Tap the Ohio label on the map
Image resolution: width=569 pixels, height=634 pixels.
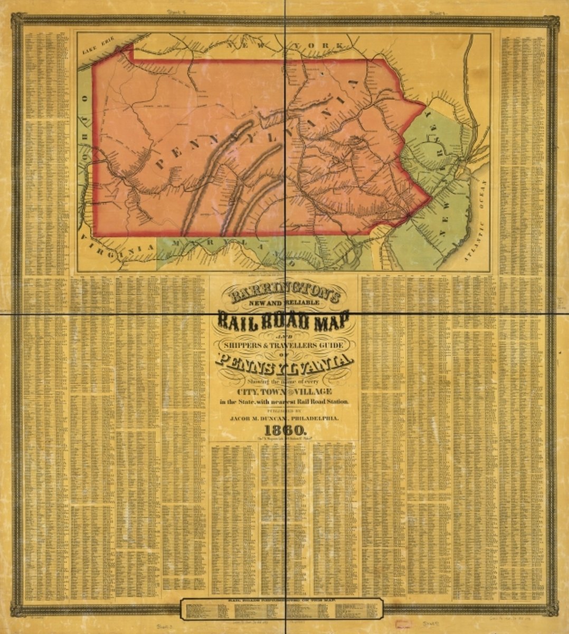click(x=83, y=129)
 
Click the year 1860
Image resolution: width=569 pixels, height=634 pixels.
click(x=283, y=428)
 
